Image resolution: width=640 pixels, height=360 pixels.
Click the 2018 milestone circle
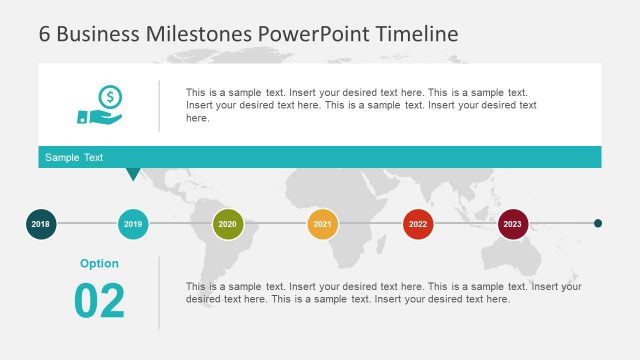click(x=40, y=224)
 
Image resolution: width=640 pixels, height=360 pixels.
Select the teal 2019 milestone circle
click(x=133, y=224)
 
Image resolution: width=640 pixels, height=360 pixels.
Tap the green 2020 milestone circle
click(x=227, y=224)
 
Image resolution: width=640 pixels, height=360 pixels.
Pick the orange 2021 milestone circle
click(x=322, y=224)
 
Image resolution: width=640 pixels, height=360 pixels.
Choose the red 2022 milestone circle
click(x=418, y=224)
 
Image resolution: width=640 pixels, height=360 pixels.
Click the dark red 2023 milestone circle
click(x=513, y=224)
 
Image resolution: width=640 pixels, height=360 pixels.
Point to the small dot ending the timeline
click(x=598, y=224)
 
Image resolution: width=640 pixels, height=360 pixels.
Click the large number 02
click(x=100, y=301)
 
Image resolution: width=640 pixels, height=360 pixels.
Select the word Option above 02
click(x=99, y=264)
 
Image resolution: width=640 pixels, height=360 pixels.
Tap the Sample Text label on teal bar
click(x=74, y=158)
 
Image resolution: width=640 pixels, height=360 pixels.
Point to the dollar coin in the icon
click(x=110, y=96)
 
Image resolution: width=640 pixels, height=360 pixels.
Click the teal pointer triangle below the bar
click(x=133, y=174)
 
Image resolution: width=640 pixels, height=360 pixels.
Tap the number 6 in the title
click(x=45, y=33)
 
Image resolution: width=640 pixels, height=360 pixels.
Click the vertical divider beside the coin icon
click(x=159, y=106)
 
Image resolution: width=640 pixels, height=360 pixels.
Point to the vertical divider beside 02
click(x=159, y=292)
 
